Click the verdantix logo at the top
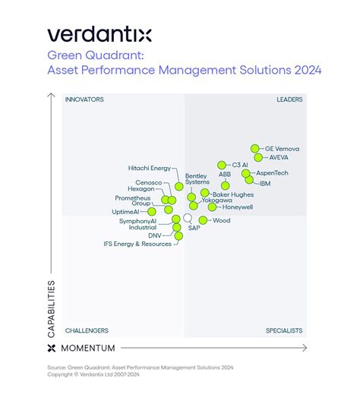[99, 33]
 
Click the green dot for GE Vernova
[256, 149]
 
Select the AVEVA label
[279, 158]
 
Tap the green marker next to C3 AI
[222, 165]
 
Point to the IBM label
[264, 183]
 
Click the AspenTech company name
[272, 173]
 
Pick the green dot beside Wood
[204, 220]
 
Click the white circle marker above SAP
[188, 218]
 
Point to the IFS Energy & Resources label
[137, 244]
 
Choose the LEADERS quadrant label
[289, 99]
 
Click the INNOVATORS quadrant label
[84, 99]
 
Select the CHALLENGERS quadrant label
[87, 330]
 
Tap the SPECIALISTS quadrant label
[284, 330]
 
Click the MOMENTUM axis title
[87, 348]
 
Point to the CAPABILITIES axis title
[52, 308]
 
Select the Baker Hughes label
[232, 194]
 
